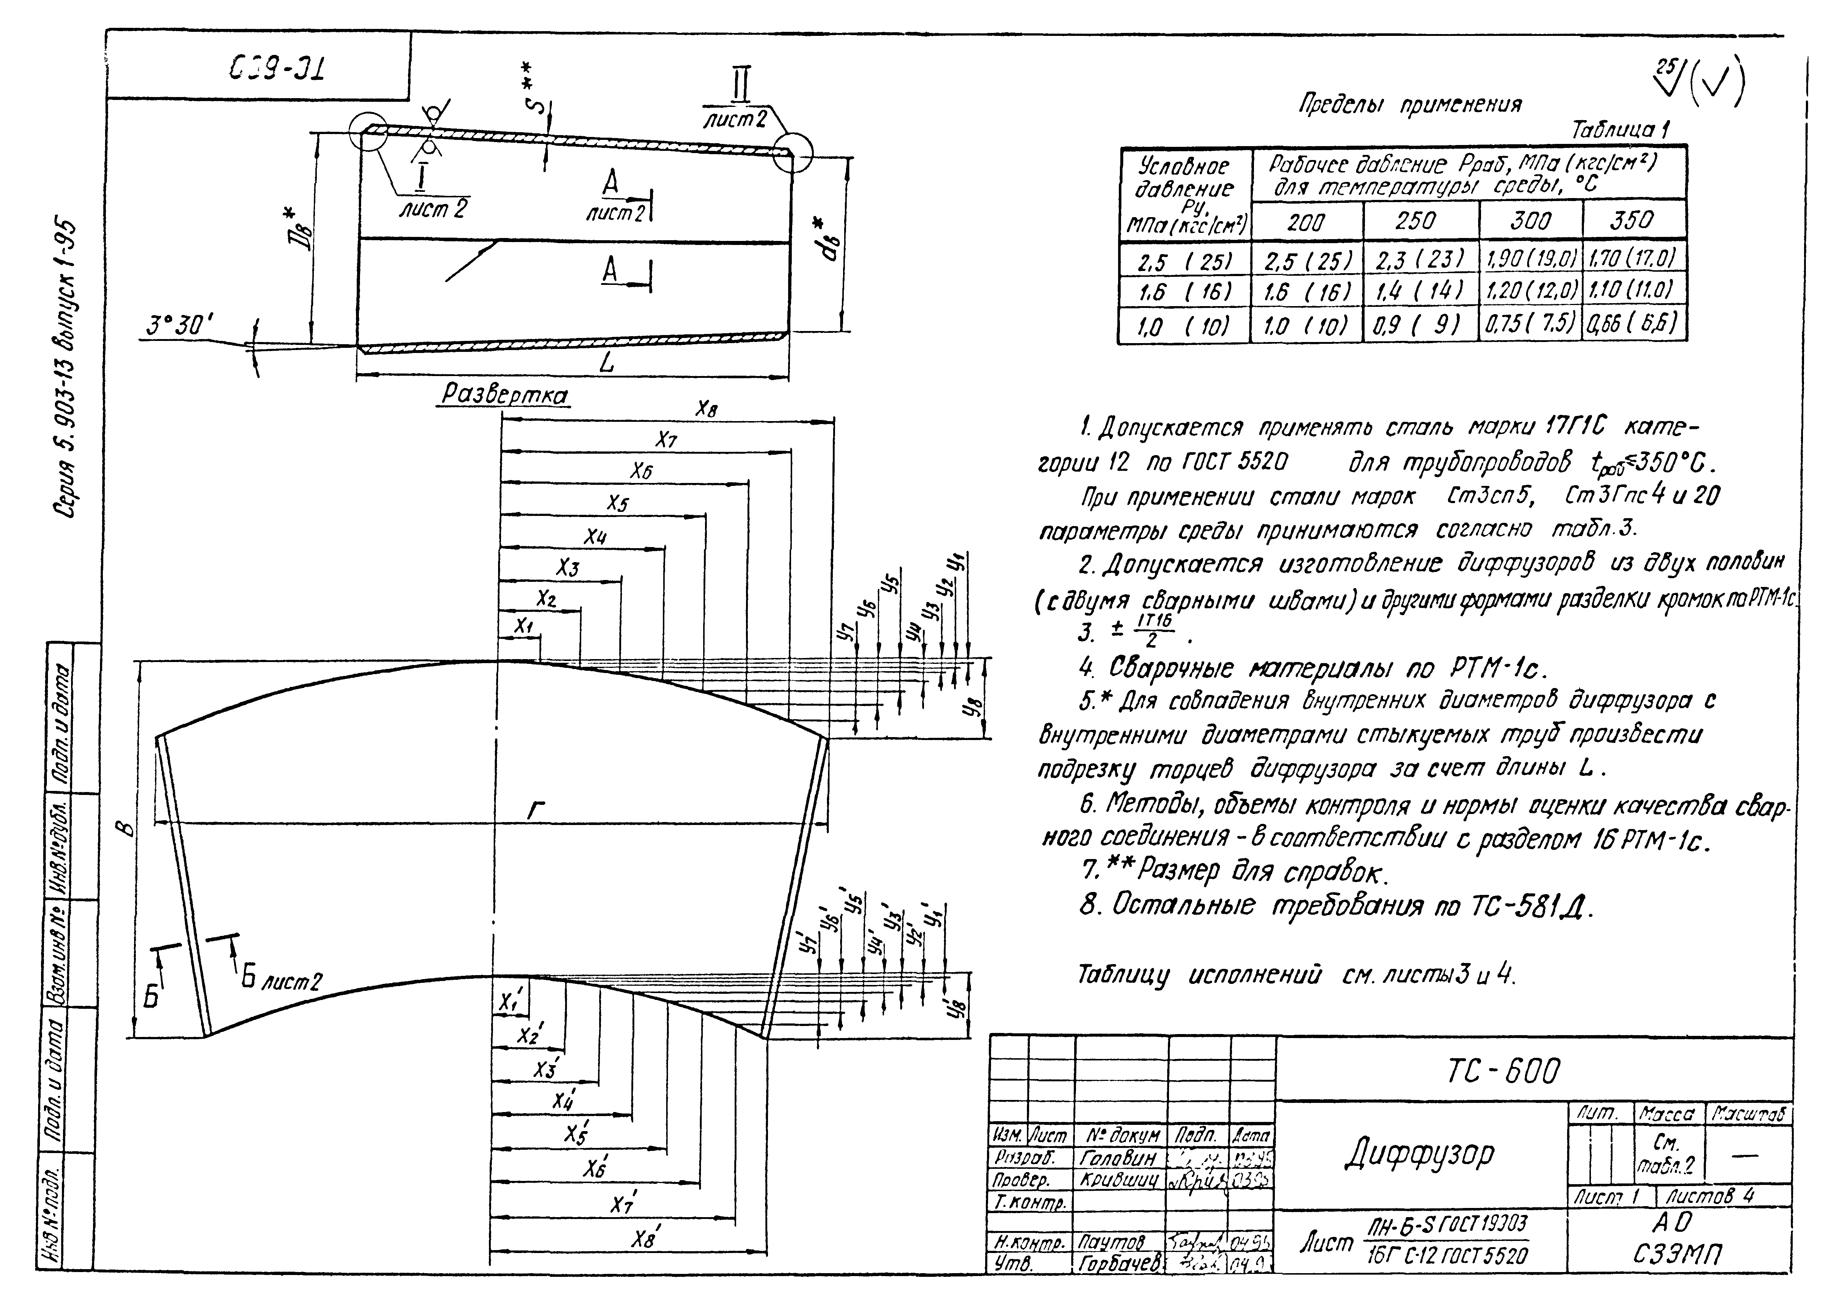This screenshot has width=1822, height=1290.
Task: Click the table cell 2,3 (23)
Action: coord(1420,259)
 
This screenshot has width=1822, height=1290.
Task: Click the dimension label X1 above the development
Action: coord(522,627)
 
